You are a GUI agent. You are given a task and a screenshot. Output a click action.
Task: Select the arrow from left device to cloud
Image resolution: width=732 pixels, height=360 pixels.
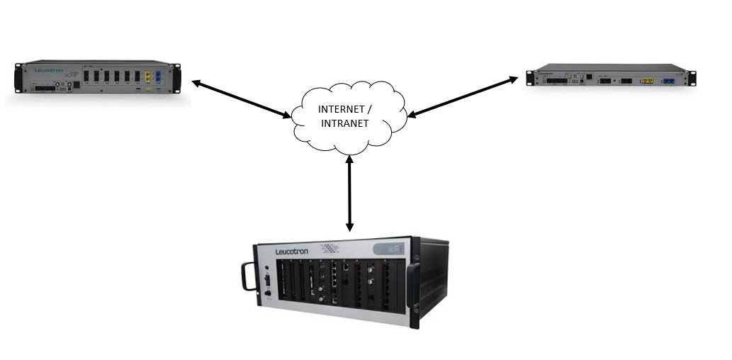point(241,99)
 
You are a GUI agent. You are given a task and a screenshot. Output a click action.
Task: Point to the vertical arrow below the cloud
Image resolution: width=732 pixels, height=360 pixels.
point(349,192)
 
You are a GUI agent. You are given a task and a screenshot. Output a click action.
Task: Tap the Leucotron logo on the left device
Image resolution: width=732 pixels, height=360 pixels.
point(50,71)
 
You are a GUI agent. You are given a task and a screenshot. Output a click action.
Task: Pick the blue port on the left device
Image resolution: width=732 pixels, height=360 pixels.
point(162,77)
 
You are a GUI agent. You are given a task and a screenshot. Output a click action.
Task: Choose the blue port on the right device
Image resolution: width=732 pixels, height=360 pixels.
point(667,81)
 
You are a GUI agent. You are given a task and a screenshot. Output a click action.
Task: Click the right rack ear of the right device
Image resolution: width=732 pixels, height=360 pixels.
point(692,78)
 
